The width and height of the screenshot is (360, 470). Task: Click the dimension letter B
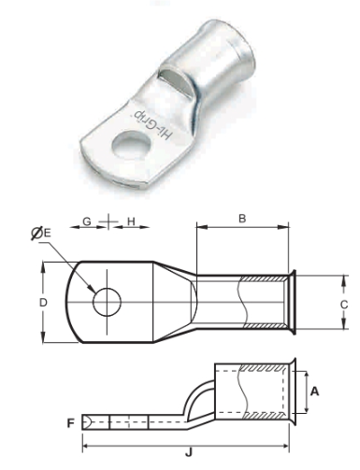[242, 219]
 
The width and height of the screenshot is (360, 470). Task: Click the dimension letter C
[343, 305]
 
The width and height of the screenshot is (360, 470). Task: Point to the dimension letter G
[87, 221]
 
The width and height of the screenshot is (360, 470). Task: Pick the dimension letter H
[131, 221]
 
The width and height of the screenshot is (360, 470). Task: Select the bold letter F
[71, 422]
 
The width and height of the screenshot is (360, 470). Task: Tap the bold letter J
[190, 452]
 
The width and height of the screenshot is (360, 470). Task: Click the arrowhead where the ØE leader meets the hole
[95, 291]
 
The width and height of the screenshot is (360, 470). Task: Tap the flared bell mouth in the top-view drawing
[294, 301]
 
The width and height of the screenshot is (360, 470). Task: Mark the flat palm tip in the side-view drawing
[87, 422]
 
